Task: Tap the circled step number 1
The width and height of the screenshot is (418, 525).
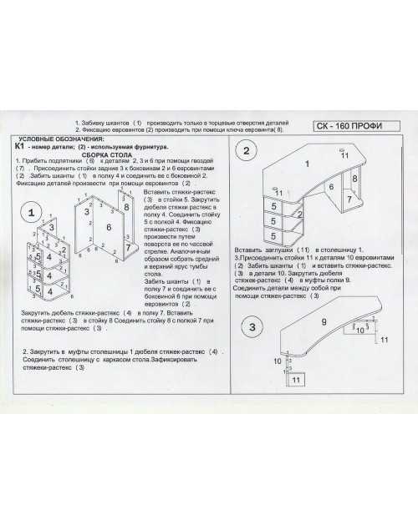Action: [32, 215]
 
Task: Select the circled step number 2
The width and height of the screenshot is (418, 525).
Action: [247, 151]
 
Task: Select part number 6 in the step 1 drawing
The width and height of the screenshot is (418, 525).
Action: [109, 226]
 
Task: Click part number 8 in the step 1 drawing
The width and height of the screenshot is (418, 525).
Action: [126, 206]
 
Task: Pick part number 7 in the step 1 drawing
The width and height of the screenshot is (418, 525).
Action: [127, 247]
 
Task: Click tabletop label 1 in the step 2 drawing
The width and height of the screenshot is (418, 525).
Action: [307, 164]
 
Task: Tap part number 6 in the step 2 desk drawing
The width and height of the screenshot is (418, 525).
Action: [331, 187]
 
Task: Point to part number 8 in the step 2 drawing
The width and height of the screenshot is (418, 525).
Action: [354, 179]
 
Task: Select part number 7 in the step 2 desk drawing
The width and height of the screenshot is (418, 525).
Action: [349, 199]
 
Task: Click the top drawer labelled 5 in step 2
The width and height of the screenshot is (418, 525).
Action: [273, 206]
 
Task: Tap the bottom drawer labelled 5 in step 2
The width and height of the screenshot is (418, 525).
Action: [273, 236]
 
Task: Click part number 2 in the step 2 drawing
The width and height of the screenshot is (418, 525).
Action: [299, 214]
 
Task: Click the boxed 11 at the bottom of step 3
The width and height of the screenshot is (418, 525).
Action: [295, 379]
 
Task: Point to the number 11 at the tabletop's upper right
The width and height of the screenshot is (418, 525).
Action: [344, 155]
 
